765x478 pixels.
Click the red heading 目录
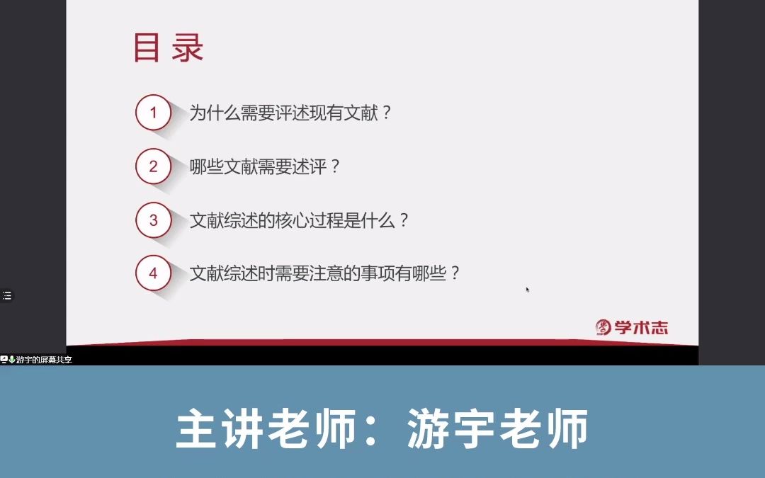click(169, 48)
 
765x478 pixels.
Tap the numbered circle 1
click(153, 113)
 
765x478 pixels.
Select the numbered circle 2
click(153, 166)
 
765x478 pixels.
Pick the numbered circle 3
click(153, 220)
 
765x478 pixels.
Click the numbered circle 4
click(153, 273)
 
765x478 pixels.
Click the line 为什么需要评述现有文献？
click(290, 113)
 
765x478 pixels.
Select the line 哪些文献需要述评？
click(264, 167)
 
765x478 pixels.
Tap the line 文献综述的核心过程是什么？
click(299, 220)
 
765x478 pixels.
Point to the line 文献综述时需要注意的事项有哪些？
click(324, 273)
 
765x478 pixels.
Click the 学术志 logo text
click(641, 328)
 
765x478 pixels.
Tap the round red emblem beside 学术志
click(603, 327)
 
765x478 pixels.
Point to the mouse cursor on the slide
click(528, 289)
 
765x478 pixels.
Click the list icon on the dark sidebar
click(7, 295)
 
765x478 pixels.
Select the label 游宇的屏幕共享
click(44, 360)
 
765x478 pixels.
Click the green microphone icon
click(12, 360)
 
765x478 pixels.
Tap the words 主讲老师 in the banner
click(266, 428)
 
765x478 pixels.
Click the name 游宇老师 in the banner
click(498, 428)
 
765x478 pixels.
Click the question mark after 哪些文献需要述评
click(334, 167)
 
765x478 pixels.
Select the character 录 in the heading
click(187, 48)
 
